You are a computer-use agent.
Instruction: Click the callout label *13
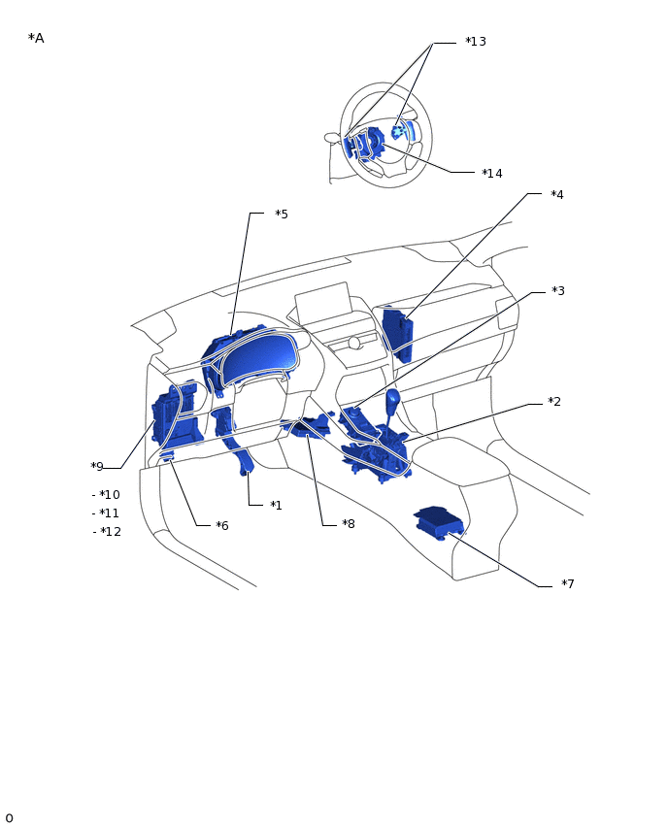[x=476, y=42]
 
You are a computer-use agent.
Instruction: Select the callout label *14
[x=492, y=174]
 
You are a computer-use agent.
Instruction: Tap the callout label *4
[x=557, y=195]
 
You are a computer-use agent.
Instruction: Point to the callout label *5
[x=282, y=215]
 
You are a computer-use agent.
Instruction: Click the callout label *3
[x=558, y=291]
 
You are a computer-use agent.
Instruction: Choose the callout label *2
[x=554, y=402]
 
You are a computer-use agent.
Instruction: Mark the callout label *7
[x=568, y=584]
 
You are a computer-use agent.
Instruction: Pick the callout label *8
[x=349, y=524]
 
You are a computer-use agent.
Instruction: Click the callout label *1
[x=277, y=506]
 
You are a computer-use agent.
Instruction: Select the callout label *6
[x=222, y=526]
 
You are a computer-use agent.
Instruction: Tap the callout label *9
[x=97, y=467]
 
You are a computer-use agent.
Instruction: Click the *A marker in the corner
[x=36, y=39]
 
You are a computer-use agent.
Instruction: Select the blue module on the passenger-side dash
[x=397, y=334]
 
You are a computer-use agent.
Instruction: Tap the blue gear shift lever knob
[x=392, y=399]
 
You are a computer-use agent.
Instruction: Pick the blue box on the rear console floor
[x=439, y=521]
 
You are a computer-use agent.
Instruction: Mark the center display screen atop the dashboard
[x=323, y=304]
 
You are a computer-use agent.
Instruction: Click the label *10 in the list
[x=110, y=495]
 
